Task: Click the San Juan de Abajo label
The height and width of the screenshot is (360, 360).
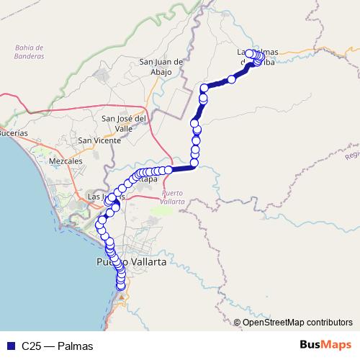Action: (x=163, y=66)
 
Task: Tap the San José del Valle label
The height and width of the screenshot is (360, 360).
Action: (x=124, y=123)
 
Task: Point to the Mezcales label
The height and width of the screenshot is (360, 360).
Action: (x=66, y=162)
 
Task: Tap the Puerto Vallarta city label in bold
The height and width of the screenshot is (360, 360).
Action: (x=131, y=263)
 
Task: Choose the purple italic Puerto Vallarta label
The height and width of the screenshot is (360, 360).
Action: (x=174, y=197)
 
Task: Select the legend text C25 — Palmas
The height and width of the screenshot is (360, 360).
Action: (x=57, y=346)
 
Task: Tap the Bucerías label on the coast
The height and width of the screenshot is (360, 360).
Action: (x=14, y=134)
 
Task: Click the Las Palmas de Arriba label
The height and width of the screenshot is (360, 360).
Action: (x=257, y=57)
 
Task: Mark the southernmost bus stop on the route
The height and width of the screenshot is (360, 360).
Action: (x=122, y=287)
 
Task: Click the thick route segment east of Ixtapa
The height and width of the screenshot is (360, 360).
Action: (x=184, y=168)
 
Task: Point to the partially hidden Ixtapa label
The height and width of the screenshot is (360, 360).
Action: (x=149, y=179)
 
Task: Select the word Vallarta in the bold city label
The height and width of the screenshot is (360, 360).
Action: (x=147, y=263)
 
